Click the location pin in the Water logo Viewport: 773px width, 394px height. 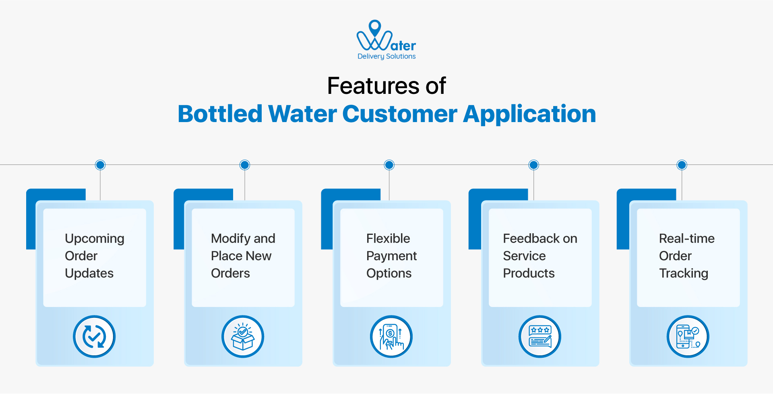point(375,27)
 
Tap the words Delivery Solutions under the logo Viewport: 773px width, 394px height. point(386,56)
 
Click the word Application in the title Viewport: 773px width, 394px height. point(529,114)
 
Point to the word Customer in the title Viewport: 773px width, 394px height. point(399,114)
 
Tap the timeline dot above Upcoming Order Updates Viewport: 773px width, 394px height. point(100,165)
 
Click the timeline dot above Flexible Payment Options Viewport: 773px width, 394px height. point(389,165)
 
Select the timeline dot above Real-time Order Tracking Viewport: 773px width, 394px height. point(682,165)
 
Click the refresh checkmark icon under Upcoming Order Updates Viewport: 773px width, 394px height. point(94,336)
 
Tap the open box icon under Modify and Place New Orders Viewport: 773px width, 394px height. point(243,336)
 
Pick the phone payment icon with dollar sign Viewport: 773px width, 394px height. point(391,336)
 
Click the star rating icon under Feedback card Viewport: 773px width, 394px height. point(539,336)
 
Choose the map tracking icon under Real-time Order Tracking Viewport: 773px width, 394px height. point(688,336)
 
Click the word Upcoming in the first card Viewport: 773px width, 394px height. point(95,238)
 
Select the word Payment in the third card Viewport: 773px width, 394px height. point(391,256)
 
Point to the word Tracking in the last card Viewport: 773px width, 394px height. point(683,274)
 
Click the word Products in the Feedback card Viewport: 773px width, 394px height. point(529,274)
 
